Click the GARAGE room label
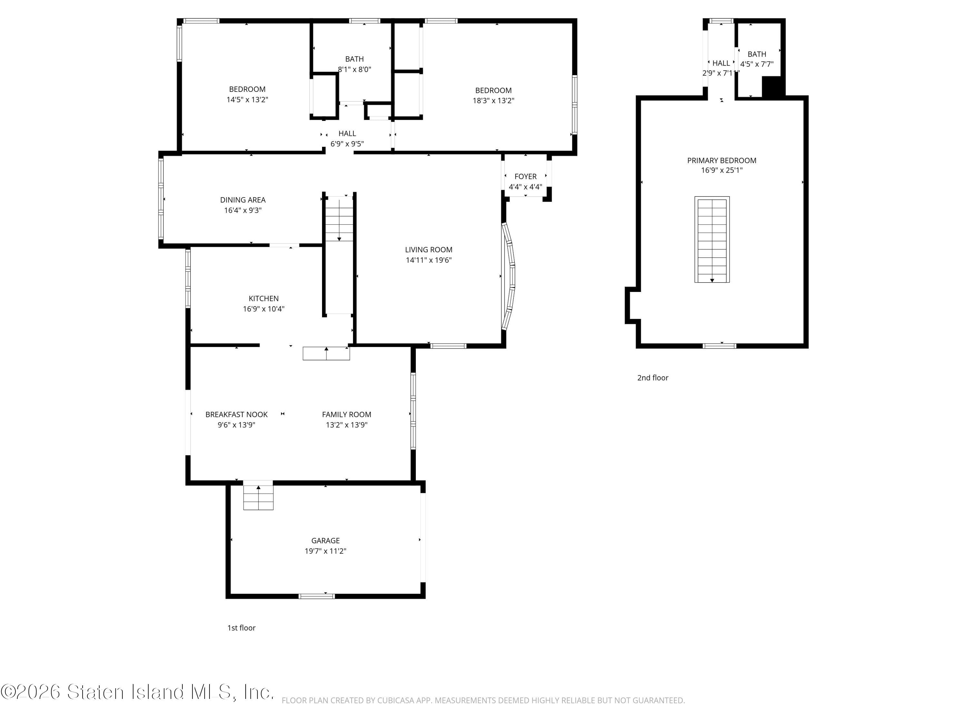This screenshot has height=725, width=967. [325, 541]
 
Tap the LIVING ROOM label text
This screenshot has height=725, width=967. [428, 249]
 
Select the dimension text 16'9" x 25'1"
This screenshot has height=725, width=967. [722, 170]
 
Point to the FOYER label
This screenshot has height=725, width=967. [525, 177]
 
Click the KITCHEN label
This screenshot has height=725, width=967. [264, 298]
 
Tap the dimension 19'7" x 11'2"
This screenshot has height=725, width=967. [325, 551]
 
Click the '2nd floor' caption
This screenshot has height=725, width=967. [653, 378]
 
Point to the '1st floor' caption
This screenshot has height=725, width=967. [241, 628]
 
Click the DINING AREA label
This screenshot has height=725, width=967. [243, 200]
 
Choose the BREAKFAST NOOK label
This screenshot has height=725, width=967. [237, 414]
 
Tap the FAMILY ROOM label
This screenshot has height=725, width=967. [347, 414]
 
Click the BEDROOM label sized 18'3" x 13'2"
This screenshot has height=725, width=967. [493, 91]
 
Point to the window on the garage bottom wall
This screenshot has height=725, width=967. [317, 596]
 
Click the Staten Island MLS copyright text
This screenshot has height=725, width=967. [138, 692]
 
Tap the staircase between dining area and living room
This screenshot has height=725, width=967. [339, 218]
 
